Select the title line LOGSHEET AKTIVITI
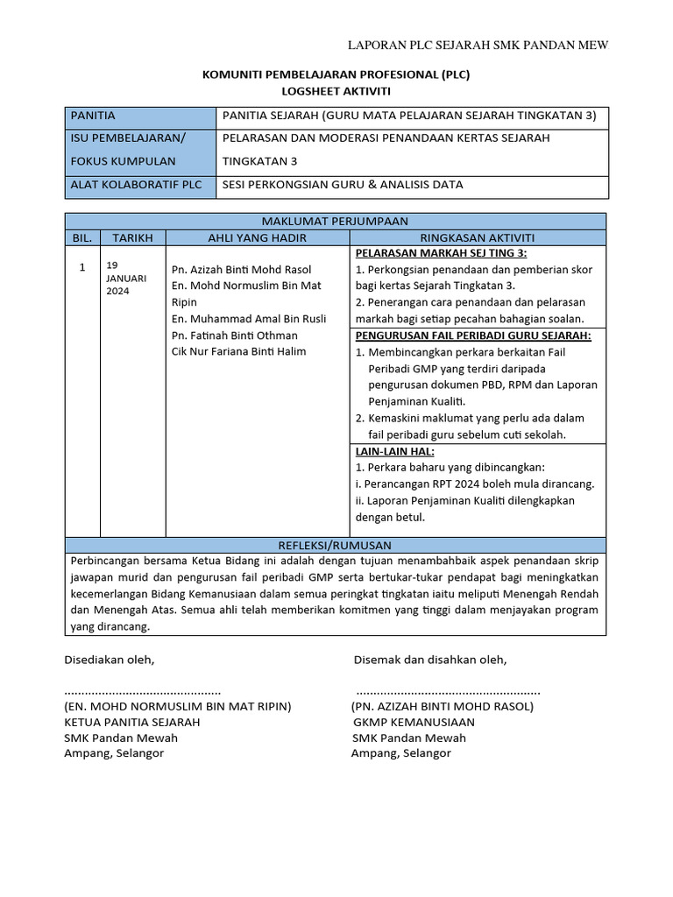pos(336,90)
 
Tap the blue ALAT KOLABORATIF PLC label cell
pos(140,185)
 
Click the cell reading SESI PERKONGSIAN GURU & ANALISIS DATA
pos(343,185)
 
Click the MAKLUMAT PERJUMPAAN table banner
pos(336,221)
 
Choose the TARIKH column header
pos(132,237)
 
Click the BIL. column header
pos(82,237)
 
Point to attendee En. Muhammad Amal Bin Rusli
pos(249,319)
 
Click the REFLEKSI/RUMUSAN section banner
pos(336,545)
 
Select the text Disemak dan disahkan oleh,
pos(429,660)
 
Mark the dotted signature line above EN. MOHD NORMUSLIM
pos(143,691)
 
